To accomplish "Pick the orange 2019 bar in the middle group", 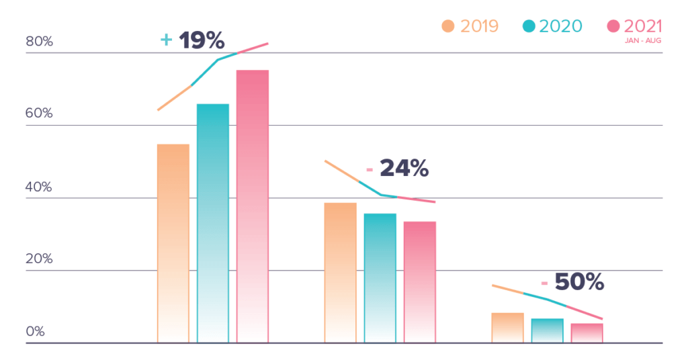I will (x=341, y=273).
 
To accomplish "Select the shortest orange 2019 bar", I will (x=507, y=328).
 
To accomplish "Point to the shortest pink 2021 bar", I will (x=587, y=333).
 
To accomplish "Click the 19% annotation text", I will (x=202, y=41).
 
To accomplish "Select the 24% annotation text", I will (x=404, y=168).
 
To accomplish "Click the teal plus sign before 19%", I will (x=167, y=40).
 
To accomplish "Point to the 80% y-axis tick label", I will (x=39, y=42).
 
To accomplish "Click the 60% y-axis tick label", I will (x=39, y=114).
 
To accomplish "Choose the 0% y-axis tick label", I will (x=36, y=332).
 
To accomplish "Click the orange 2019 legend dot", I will (x=448, y=26).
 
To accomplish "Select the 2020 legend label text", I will (x=561, y=26).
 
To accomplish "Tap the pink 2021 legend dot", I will (x=613, y=26).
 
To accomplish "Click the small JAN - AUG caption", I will (x=644, y=40).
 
